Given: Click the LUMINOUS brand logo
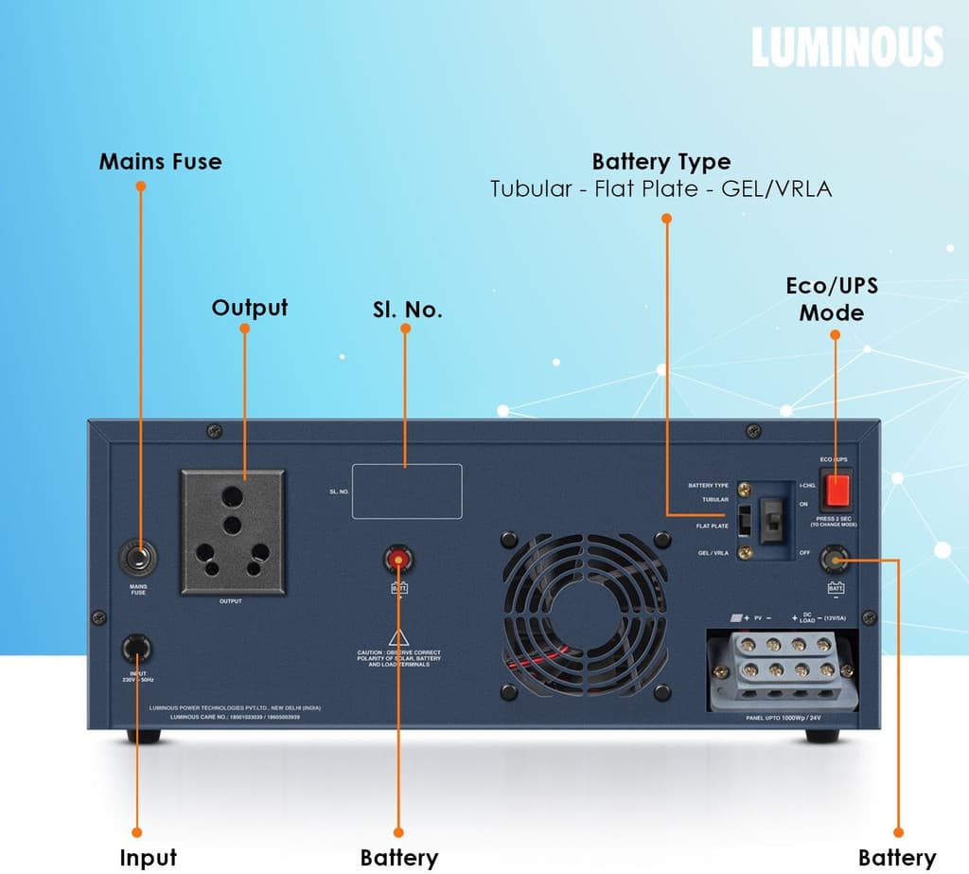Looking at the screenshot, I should coord(847,47).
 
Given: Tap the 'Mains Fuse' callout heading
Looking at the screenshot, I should coord(160,162).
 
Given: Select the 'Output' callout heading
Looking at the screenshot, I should coord(250,308).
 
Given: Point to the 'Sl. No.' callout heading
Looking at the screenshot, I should coord(406,310).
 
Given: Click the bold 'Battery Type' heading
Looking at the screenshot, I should coord(661,162).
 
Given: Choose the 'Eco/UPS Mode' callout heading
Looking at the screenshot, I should coord(833,298).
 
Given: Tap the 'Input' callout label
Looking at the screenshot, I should coord(148,858).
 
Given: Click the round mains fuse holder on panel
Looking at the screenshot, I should coord(138,557).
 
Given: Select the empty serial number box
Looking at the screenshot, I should coord(407,491).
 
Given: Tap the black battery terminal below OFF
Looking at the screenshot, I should coord(836,560).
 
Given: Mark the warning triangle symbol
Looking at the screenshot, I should coord(398,636).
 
